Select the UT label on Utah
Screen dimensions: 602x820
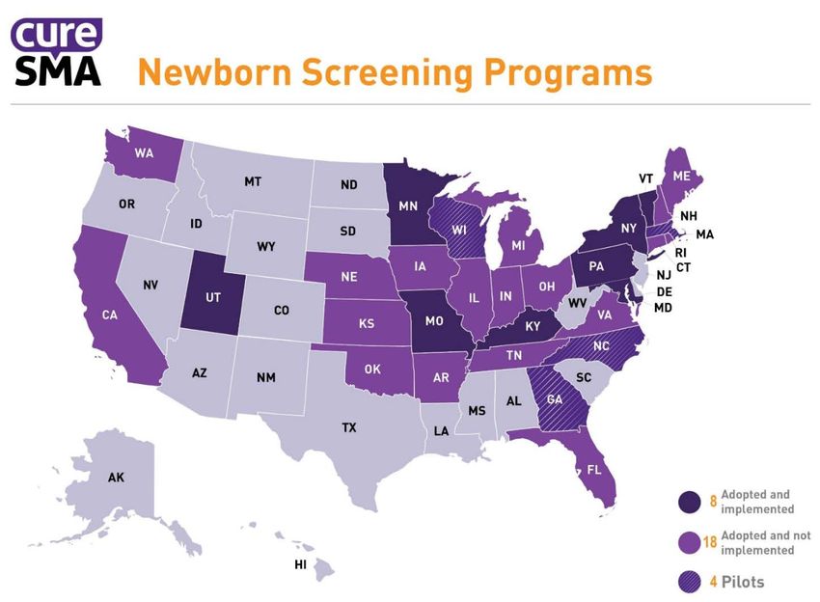click(214, 297)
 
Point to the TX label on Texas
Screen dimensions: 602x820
click(349, 426)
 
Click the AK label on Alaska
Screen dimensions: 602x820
click(116, 477)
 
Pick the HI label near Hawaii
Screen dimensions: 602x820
click(300, 564)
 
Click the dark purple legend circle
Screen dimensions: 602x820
click(689, 502)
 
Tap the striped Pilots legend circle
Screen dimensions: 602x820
click(689, 582)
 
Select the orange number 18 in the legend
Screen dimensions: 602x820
click(710, 542)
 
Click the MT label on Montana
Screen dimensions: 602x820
click(253, 180)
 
